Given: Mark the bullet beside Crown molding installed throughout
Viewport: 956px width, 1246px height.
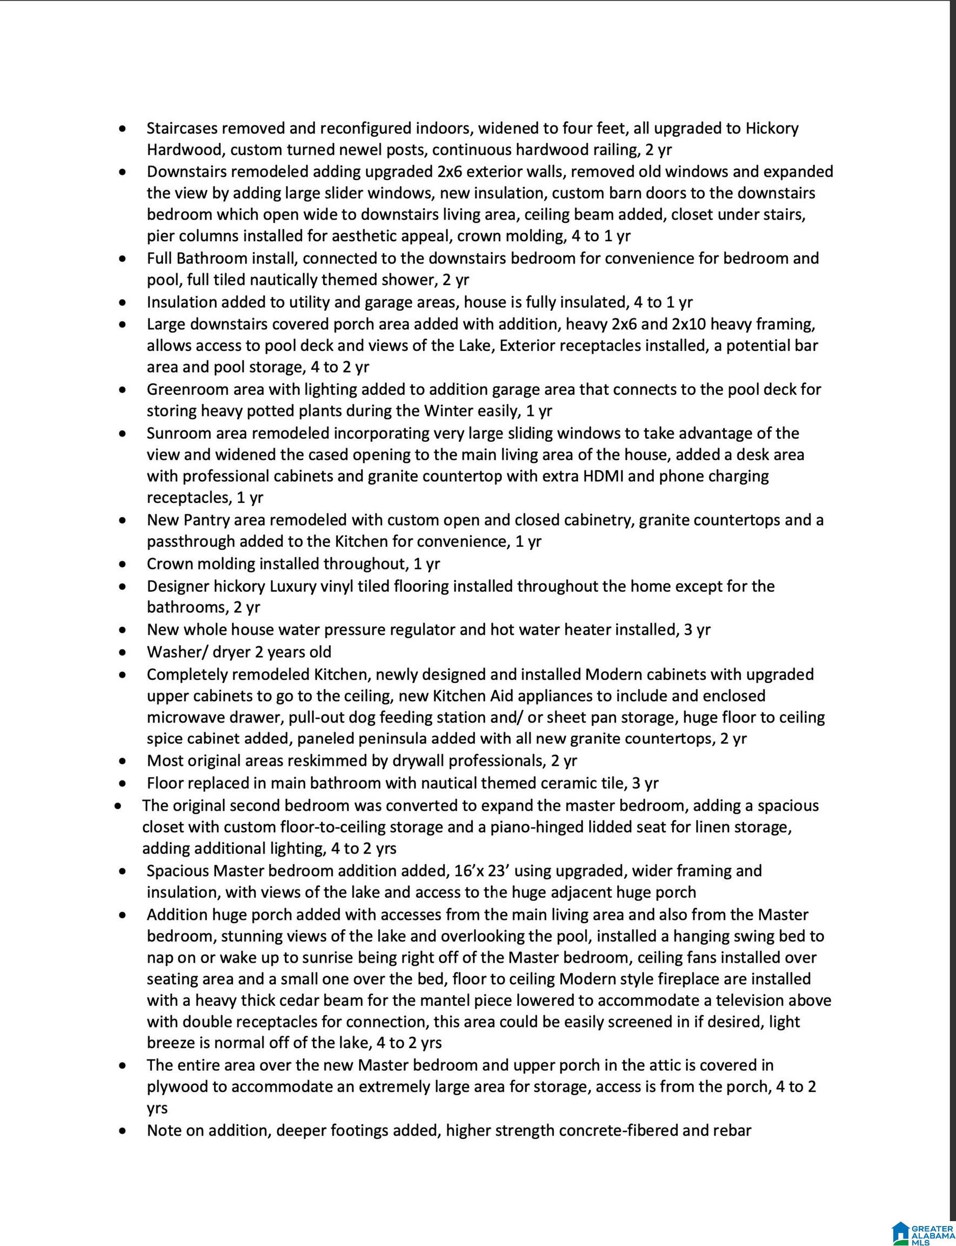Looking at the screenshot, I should point(122,565).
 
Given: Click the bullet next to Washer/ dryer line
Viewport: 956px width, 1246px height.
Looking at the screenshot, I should point(122,652).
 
